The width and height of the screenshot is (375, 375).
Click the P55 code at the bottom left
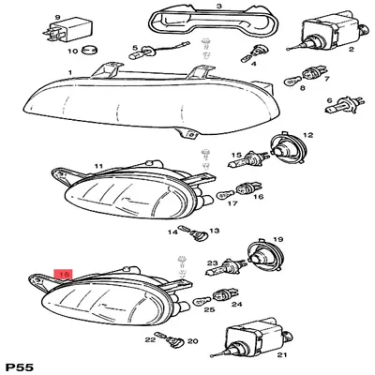click(x=19, y=364)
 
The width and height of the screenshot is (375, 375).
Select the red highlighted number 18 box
click(x=65, y=275)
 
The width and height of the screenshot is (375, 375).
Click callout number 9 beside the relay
click(x=57, y=17)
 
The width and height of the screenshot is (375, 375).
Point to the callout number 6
click(x=356, y=101)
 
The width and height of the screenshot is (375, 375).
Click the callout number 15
click(x=238, y=157)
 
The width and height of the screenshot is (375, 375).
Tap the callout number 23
click(x=213, y=263)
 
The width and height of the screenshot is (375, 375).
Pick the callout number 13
click(x=214, y=231)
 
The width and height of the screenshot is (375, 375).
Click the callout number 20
click(x=194, y=342)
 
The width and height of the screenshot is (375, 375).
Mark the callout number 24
click(x=236, y=305)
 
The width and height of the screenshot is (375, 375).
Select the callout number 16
click(x=259, y=198)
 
